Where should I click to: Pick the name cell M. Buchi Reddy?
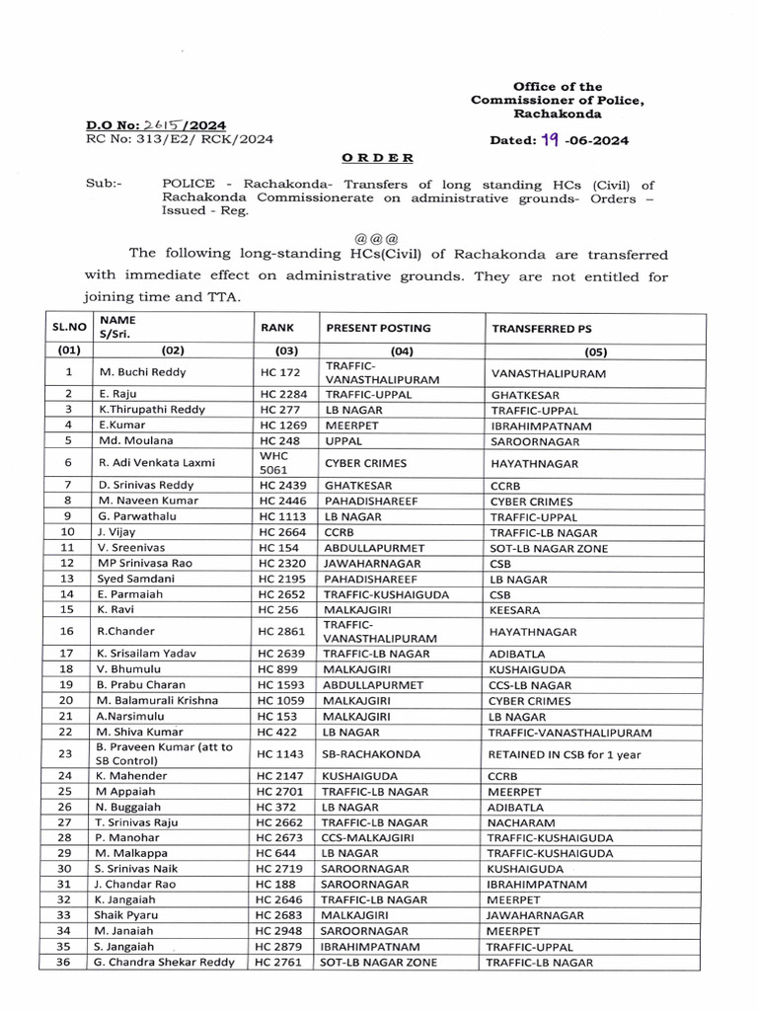142,372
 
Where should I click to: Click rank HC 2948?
278,930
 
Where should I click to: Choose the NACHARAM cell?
518,822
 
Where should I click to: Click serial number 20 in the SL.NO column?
68,700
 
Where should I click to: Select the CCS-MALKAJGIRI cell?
368,837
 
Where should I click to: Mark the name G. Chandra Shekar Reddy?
166,962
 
